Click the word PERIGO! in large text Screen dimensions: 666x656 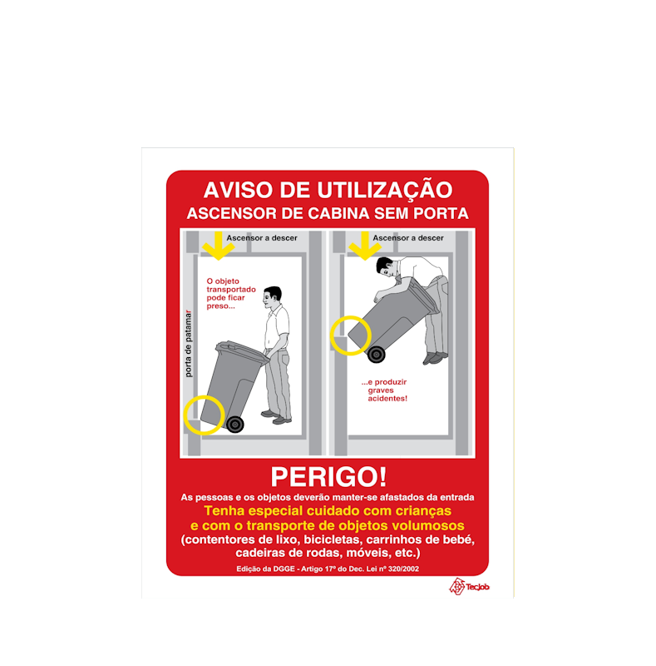point(328,477)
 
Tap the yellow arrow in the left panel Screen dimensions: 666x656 point(218,245)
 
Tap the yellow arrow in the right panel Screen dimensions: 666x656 point(364,245)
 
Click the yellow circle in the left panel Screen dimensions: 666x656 point(204,415)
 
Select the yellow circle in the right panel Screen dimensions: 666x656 point(350,335)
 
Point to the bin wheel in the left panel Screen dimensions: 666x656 point(235,425)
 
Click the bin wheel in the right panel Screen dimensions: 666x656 point(377,355)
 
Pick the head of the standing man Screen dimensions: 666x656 point(272,296)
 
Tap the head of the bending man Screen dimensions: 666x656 point(387,266)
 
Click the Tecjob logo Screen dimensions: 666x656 point(469,586)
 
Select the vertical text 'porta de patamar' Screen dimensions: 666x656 point(189,343)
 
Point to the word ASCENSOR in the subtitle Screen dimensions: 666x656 point(226,213)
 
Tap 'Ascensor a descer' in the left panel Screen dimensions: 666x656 point(261,238)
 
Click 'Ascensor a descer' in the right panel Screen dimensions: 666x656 point(407,238)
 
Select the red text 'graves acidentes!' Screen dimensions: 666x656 point(387,395)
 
